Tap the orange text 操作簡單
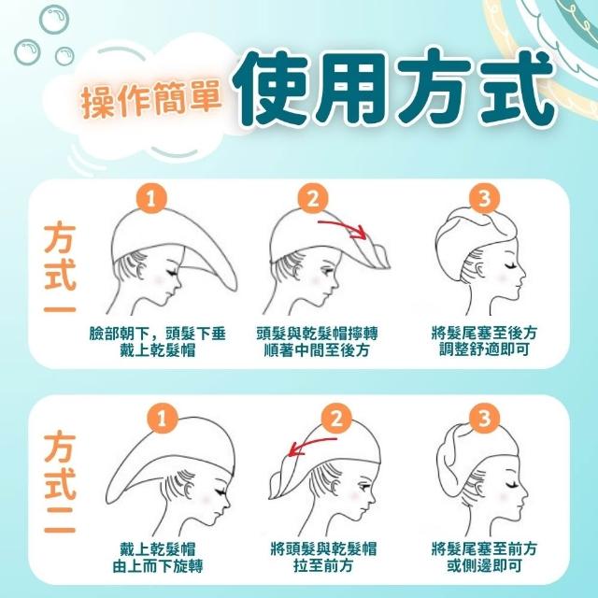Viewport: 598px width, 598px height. tap(151, 99)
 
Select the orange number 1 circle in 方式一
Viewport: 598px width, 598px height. tap(151, 198)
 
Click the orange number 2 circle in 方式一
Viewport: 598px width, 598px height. tap(313, 198)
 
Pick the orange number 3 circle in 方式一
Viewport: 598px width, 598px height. tap(484, 198)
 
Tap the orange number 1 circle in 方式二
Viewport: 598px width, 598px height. tap(162, 418)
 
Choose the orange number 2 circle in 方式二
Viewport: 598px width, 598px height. tap(336, 418)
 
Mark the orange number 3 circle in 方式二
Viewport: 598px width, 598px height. tap(484, 418)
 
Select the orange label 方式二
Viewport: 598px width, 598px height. tap(60, 482)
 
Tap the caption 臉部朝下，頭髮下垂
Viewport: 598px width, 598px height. tap(158, 335)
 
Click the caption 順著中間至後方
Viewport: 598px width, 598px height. tap(317, 350)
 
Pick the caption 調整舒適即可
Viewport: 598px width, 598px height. tap(484, 349)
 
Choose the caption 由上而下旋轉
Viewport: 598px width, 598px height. tap(158, 566)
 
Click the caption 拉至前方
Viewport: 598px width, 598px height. tap(323, 565)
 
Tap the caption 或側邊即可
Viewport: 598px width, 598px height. tap(484, 566)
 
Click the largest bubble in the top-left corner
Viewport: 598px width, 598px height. tap(54, 19)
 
